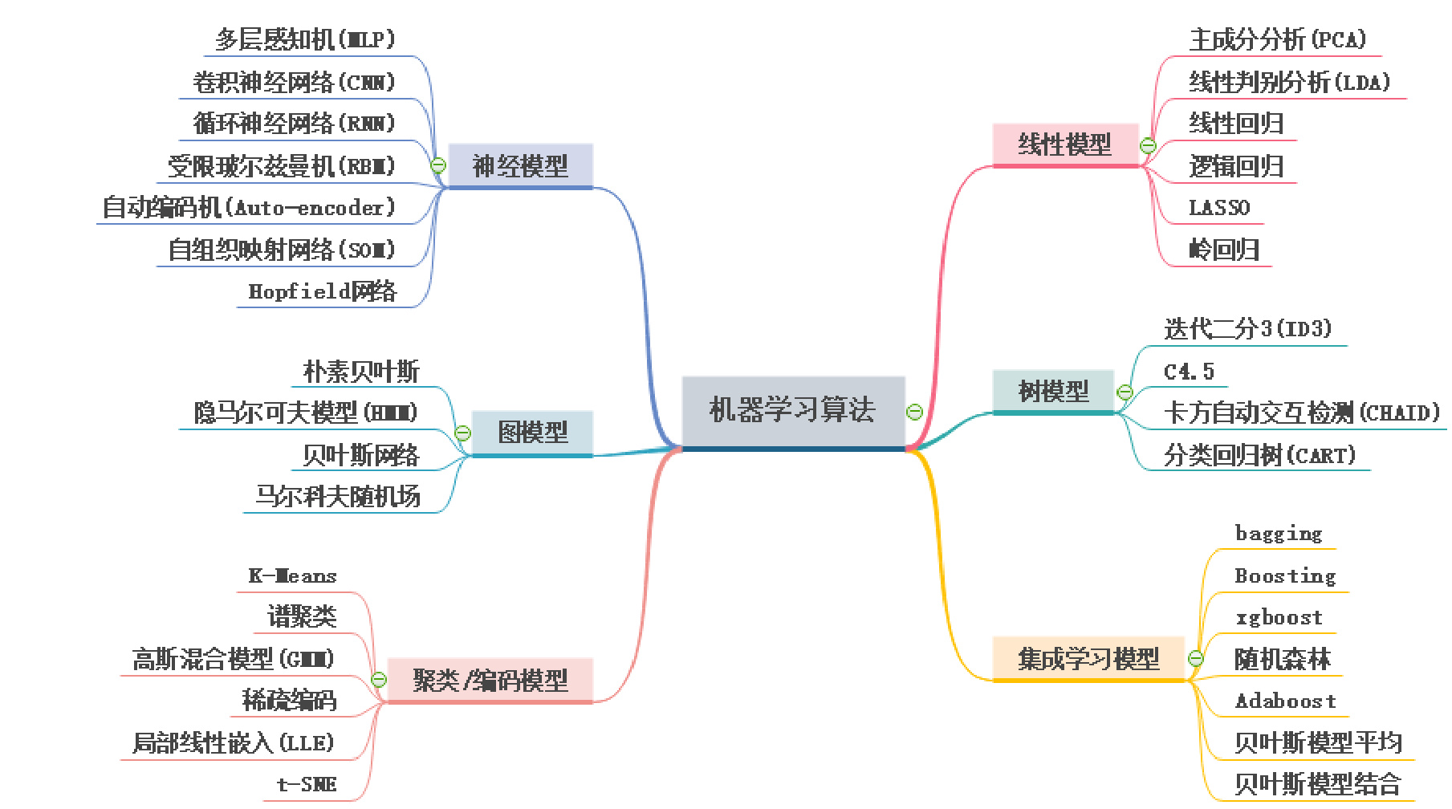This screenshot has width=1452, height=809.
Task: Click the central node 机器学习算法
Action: [793, 410]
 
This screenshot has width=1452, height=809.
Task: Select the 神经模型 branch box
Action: [520, 165]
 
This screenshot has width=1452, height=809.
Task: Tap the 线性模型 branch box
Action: [1065, 144]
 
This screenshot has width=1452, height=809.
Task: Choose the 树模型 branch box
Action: [1053, 391]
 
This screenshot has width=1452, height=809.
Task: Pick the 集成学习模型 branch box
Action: [1088, 658]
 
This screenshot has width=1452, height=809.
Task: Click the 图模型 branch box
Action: [532, 432]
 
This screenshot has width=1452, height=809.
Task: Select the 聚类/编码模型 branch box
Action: [490, 680]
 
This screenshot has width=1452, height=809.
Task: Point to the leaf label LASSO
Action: [1218, 208]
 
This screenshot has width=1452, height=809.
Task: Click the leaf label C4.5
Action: [1189, 371]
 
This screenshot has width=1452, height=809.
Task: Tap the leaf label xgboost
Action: [1279, 617]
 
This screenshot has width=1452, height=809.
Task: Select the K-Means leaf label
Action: [293, 575]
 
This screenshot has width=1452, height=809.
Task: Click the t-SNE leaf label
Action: [307, 784]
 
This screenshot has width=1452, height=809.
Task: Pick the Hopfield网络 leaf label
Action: [323, 291]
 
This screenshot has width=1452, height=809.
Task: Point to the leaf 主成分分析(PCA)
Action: [1278, 39]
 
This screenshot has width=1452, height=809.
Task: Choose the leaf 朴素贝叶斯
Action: [361, 371]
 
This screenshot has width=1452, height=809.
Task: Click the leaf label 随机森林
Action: [1282, 659]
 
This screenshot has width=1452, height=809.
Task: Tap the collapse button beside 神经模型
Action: [438, 165]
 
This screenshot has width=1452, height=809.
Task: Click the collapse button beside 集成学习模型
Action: [1195, 659]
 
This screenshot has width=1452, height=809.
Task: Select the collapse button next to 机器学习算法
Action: [914, 412]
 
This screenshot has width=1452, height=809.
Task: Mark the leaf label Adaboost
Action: [1285, 701]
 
